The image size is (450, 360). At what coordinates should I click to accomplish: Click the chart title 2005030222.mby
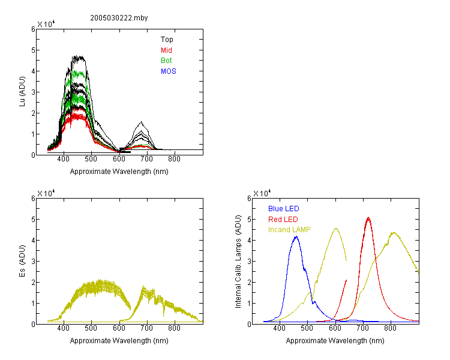119,18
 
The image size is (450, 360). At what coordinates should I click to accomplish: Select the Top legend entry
167,40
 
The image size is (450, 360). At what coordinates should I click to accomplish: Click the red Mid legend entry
166,50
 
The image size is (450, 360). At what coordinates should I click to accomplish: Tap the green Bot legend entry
166,61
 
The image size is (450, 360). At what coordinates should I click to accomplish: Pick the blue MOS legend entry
169,71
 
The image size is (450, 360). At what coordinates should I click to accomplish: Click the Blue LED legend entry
284,209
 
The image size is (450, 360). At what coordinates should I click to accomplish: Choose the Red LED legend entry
283,220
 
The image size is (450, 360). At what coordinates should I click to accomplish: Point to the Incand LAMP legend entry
289,230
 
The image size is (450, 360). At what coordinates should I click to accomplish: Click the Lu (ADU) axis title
22,92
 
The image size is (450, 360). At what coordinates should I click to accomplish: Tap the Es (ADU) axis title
22,261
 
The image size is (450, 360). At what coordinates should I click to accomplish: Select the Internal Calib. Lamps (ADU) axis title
238,262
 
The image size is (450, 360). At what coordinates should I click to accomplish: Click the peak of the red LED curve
368,218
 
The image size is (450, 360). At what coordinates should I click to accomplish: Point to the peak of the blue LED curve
296,236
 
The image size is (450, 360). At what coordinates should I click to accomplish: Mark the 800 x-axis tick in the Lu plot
174,159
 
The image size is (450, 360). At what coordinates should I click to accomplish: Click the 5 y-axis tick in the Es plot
33,220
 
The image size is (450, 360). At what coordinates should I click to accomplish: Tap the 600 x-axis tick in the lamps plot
335,328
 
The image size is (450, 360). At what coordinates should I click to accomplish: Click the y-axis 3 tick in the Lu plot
33,92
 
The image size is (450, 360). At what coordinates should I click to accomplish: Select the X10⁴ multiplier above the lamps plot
262,193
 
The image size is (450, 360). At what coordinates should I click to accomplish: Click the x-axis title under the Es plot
119,341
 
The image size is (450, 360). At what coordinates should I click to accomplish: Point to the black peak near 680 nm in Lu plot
141,122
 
